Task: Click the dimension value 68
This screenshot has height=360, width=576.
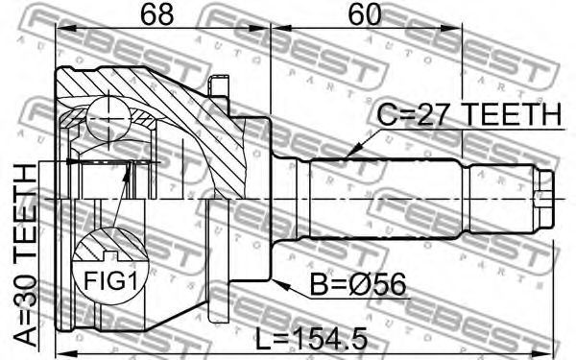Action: click(156, 14)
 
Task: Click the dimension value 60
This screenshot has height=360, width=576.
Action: click(365, 14)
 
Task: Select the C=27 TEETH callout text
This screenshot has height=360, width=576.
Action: click(469, 114)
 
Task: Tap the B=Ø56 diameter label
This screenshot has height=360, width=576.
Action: click(358, 285)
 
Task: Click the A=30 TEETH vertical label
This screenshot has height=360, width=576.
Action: click(26, 255)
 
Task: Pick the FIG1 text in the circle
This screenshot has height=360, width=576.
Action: click(110, 281)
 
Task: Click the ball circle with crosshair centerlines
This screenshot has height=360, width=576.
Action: click(108, 118)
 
